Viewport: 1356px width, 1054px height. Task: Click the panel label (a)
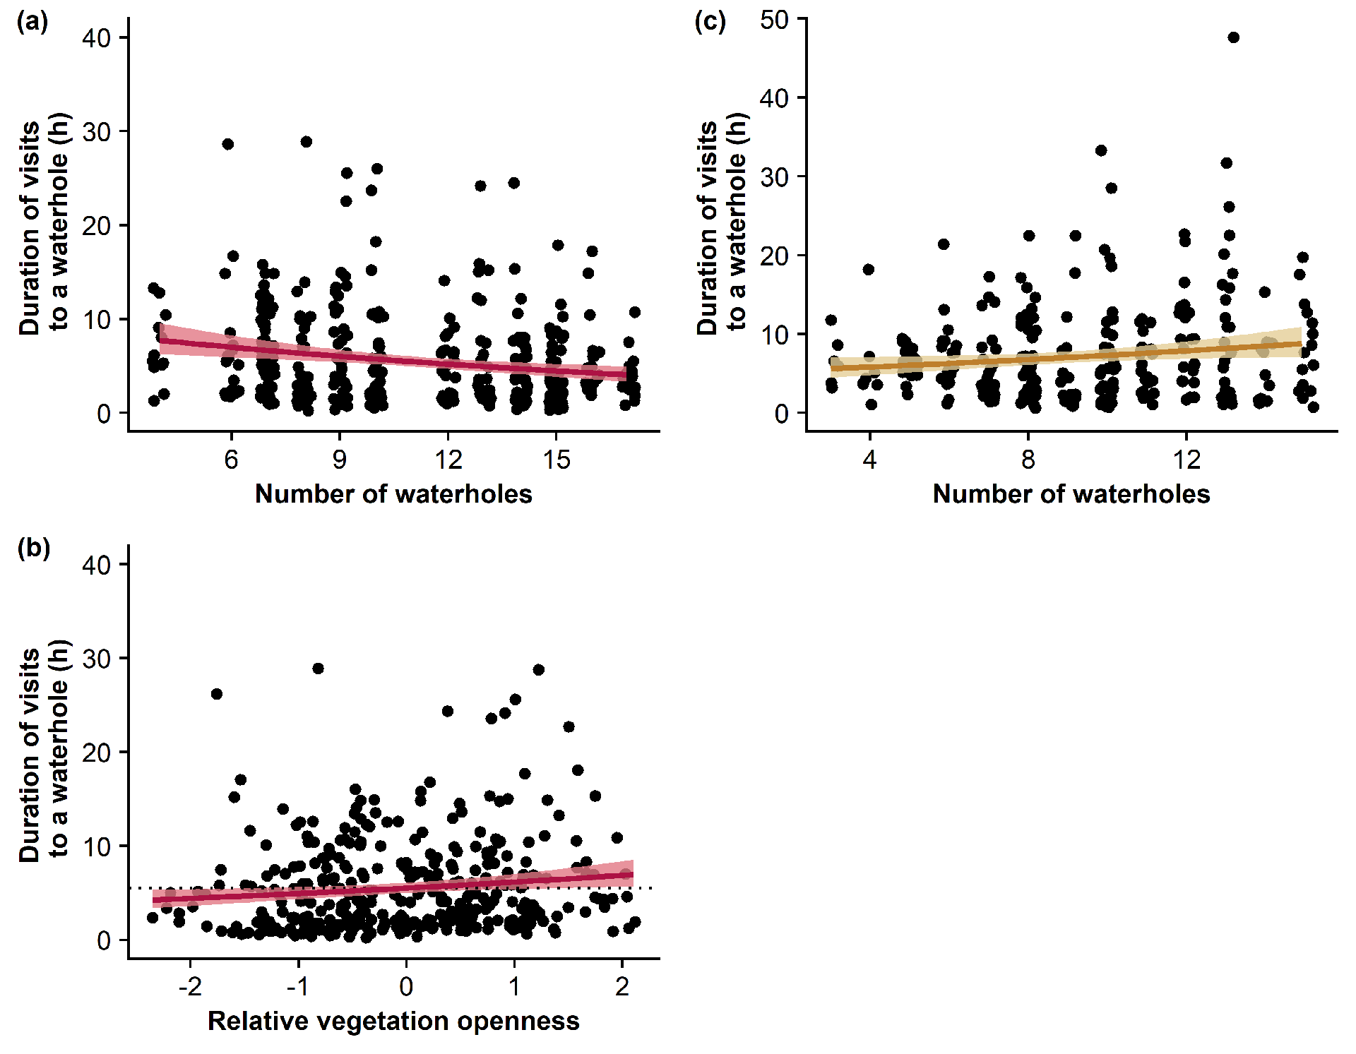(32, 22)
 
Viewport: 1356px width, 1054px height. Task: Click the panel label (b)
(33, 549)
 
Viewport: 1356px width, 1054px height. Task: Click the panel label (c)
(710, 22)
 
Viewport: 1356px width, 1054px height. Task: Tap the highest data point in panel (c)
(1233, 37)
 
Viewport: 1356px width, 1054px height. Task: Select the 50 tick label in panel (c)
(775, 20)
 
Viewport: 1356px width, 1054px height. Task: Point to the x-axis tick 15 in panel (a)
(556, 460)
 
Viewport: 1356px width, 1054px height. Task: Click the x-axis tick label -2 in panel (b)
(190, 986)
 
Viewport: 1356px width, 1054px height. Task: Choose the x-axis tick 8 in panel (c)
(1028, 460)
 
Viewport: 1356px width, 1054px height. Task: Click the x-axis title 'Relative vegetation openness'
(393, 1021)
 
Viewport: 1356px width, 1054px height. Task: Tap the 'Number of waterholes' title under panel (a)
(393, 494)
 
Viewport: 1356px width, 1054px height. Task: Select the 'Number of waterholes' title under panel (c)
(1071, 494)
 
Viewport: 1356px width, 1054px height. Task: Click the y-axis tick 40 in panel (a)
(97, 38)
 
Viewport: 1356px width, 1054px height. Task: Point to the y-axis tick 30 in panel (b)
(97, 659)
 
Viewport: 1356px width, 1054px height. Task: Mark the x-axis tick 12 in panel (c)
(1186, 460)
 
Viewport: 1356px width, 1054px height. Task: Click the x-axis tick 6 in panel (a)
(231, 460)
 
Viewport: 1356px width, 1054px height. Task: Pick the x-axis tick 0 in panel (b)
(406, 986)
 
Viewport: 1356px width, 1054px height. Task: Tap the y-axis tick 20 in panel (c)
(775, 256)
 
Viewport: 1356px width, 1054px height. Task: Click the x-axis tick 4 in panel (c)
(869, 460)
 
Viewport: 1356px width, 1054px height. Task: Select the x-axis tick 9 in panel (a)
(340, 460)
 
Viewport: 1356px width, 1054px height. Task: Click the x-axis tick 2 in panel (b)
(621, 986)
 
